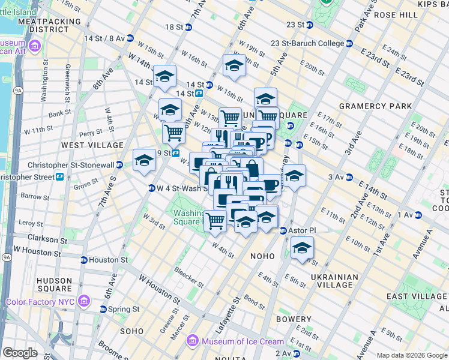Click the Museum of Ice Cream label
243,341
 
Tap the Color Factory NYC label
41,301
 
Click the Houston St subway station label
107,260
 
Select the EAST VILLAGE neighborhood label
414,296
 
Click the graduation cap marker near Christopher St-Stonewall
144,161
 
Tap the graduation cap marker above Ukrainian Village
302,248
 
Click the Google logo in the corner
20,353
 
